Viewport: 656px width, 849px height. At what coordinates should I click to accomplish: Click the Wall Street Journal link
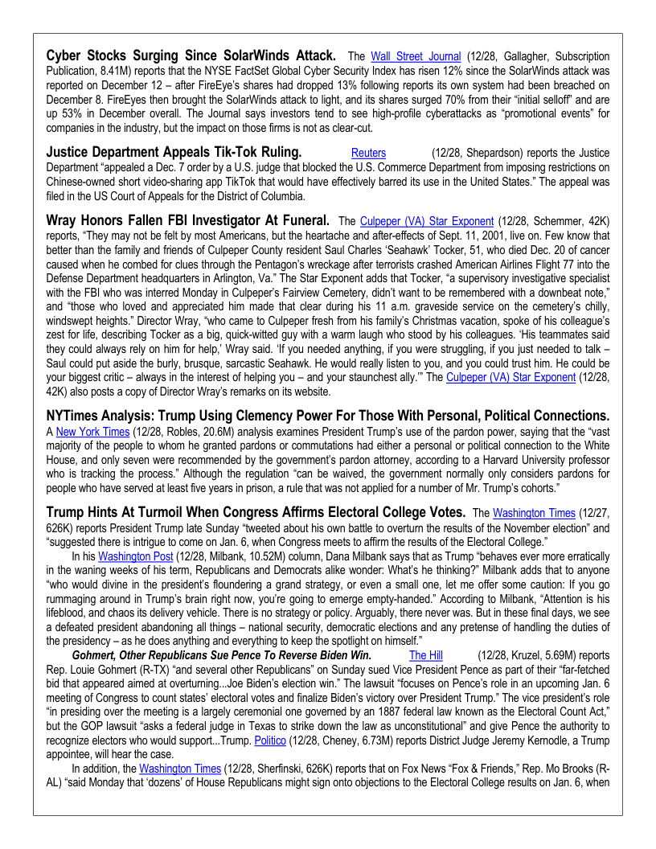416,57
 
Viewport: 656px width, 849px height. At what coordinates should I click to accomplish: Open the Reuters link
368,153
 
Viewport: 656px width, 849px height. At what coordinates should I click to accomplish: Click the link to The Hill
425,656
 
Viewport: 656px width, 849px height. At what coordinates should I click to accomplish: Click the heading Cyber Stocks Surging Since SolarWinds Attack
191,56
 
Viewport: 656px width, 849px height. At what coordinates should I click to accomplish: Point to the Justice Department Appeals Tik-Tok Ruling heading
174,152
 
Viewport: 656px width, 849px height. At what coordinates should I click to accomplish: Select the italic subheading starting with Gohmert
222,656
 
